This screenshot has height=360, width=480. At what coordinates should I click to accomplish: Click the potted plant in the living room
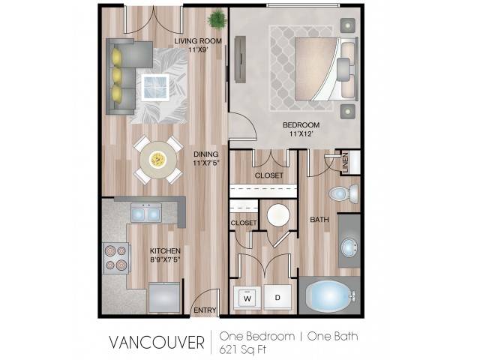pos(217,19)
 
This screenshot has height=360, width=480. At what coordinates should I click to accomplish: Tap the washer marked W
pos(247,297)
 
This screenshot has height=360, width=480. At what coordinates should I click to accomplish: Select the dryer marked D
pos(277,297)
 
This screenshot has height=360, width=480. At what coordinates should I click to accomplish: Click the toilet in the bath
pos(343,193)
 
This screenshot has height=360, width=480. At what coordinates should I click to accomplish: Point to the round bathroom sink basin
pos(348,247)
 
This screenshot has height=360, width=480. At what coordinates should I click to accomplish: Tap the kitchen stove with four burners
pos(117,258)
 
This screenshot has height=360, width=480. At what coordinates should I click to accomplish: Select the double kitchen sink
pos(146,212)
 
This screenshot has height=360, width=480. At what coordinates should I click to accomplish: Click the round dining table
pos(158,160)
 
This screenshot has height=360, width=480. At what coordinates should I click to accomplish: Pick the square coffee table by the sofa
pos(155,87)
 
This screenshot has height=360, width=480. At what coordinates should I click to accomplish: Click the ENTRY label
pos(205,310)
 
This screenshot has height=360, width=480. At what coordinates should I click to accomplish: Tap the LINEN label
pos(345,163)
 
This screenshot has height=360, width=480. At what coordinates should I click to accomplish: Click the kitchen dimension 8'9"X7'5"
pos(165,260)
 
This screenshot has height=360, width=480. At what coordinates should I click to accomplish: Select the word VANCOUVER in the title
pos(157,342)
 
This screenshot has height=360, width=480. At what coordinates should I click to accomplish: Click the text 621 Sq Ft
pos(243,349)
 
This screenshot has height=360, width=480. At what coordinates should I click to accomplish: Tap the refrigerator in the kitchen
pos(164,298)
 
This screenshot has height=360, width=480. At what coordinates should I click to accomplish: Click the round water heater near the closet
pos(278,215)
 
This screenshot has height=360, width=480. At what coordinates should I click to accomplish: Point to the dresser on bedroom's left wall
pos(240,59)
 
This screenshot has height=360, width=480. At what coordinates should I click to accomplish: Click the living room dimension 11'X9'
pos(198,49)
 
